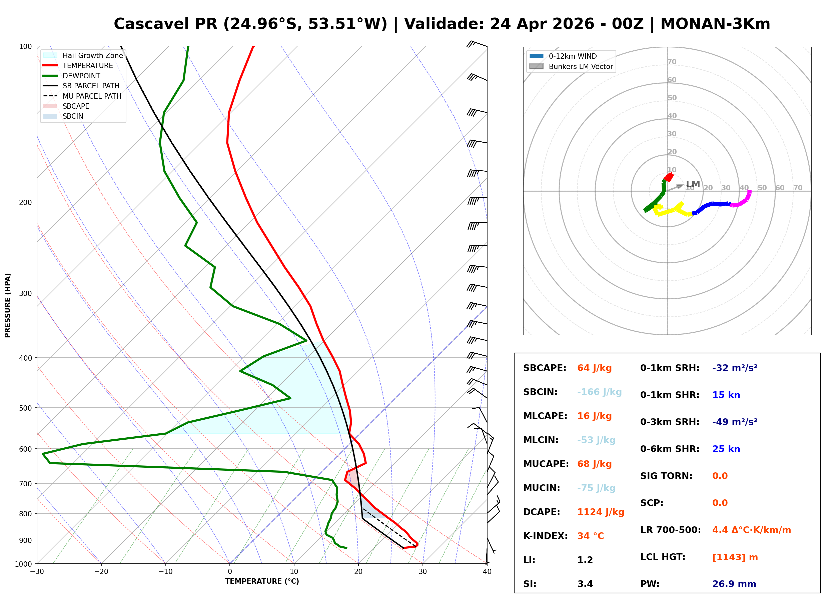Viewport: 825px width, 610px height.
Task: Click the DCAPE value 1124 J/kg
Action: [601, 512]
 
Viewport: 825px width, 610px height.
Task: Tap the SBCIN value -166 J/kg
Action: [599, 392]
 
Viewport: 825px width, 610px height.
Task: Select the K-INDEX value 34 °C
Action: [591, 536]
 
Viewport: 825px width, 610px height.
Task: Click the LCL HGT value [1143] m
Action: [735, 557]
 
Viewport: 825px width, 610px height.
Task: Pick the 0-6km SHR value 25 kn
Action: [726, 449]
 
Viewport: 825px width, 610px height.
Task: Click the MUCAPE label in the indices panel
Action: [546, 464]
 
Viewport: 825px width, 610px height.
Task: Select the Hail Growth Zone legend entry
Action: [92, 55]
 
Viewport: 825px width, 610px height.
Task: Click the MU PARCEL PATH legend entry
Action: [92, 96]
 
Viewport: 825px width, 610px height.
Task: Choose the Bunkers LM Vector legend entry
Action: [581, 66]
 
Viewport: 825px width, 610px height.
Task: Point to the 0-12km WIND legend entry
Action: [573, 56]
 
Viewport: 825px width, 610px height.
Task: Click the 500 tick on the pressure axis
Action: [25, 408]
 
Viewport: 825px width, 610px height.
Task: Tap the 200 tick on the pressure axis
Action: [25, 202]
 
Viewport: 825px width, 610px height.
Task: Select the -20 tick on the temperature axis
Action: [101, 572]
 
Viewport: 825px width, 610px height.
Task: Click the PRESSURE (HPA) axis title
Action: [8, 305]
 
